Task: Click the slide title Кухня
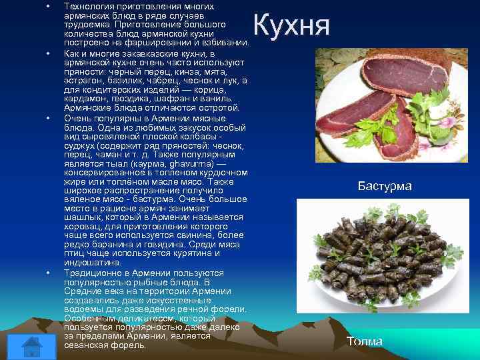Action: click(292, 25)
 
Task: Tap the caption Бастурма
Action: click(385, 186)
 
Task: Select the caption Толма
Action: click(365, 341)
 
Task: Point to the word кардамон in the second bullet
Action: click(85, 99)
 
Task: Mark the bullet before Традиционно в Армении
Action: click(48, 273)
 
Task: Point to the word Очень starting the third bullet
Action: click(77, 117)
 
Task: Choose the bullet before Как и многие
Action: click(48, 52)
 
